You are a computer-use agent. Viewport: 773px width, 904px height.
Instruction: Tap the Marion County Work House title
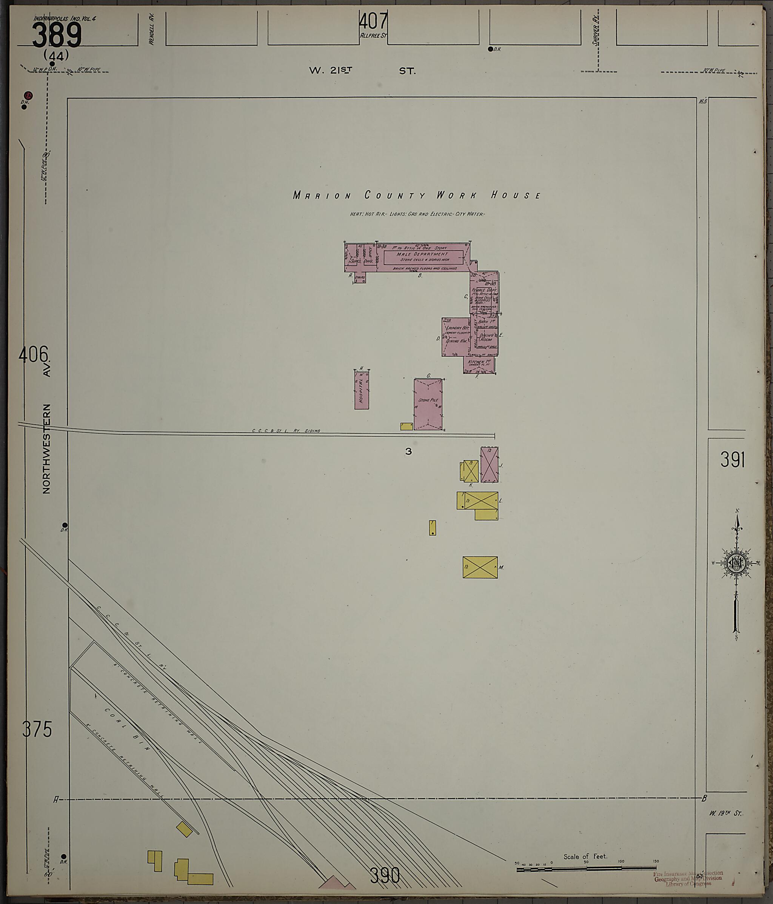point(417,195)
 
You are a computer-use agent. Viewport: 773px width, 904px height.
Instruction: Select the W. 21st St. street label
point(362,71)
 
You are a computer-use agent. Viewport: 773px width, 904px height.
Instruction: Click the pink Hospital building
point(361,390)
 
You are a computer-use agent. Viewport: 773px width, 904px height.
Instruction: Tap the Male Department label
point(422,254)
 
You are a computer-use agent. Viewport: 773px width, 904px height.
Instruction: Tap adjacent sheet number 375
point(37,729)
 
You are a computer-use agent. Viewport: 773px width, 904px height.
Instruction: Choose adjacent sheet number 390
point(385,875)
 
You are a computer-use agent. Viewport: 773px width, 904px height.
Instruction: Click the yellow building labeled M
point(480,567)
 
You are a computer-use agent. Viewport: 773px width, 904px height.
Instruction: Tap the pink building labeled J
point(489,464)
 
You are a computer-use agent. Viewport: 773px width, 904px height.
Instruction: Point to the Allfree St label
point(373,36)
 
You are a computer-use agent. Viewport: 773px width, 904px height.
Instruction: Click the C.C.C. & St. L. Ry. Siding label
point(286,431)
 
